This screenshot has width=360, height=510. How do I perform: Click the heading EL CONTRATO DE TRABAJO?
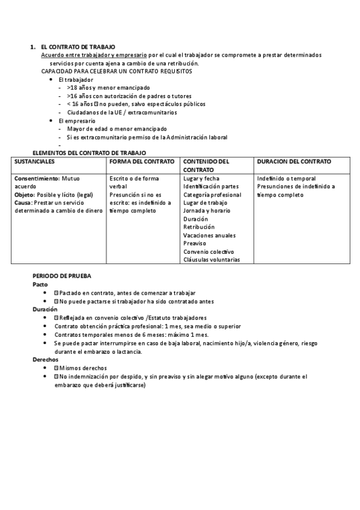pyautogui.click(x=78, y=47)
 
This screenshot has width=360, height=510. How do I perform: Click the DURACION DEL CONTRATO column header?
pyautogui.click(x=294, y=162)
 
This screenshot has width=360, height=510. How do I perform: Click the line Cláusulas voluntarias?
pyautogui.click(x=212, y=260)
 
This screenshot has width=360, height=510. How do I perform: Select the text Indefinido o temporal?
pyautogui.click(x=286, y=179)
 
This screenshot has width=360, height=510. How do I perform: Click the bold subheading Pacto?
pyautogui.click(x=40, y=284)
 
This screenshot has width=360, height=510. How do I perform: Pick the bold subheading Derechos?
pyautogui.click(x=45, y=359)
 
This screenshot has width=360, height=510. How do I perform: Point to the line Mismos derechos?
pyautogui.click(x=83, y=367)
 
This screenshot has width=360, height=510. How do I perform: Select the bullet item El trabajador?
pyautogui.click(x=76, y=79)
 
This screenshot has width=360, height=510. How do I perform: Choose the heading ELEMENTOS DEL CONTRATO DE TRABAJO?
pyautogui.click(x=89, y=153)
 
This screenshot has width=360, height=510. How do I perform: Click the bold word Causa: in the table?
pyautogui.click(x=24, y=203)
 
